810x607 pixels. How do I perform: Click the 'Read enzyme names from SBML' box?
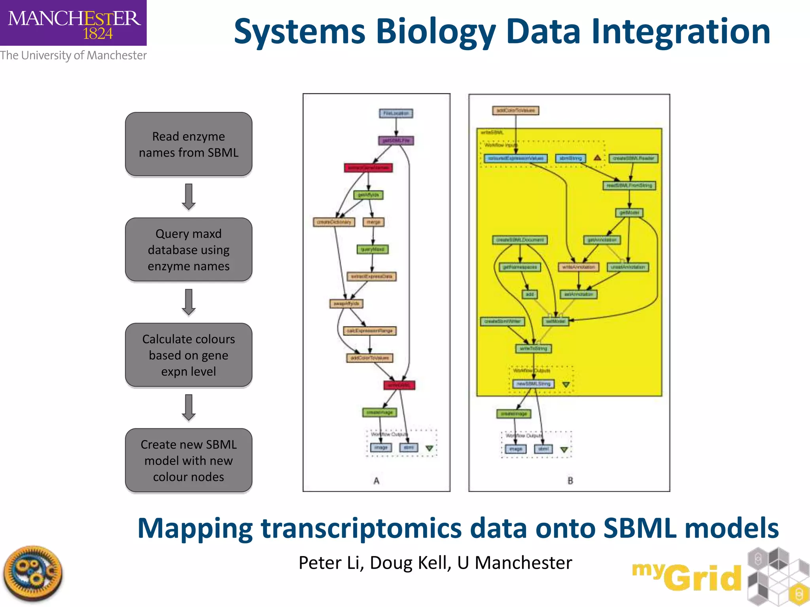[189, 144]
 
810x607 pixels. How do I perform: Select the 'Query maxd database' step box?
[189, 250]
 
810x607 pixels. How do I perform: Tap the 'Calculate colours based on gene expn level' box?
[189, 355]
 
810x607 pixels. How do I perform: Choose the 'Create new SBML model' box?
[189, 460]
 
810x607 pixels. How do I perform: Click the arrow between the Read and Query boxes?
[189, 196]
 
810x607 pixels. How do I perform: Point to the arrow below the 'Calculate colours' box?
[189, 407]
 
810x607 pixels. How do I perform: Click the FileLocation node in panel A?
[396, 113]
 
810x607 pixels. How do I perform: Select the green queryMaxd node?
[373, 249]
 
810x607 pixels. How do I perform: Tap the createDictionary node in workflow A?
[334, 222]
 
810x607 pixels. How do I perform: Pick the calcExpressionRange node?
[370, 331]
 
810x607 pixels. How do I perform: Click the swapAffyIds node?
[346, 303]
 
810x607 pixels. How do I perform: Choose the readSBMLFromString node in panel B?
[629, 185]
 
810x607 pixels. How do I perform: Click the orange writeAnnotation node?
[578, 267]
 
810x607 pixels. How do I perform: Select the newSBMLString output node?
[533, 384]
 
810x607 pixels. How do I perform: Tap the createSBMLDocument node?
[520, 240]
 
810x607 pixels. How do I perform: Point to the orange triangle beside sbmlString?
[597, 158]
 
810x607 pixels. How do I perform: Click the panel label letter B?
[570, 481]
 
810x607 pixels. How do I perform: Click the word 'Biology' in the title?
[435, 32]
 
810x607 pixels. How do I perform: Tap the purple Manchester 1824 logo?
[73, 23]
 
